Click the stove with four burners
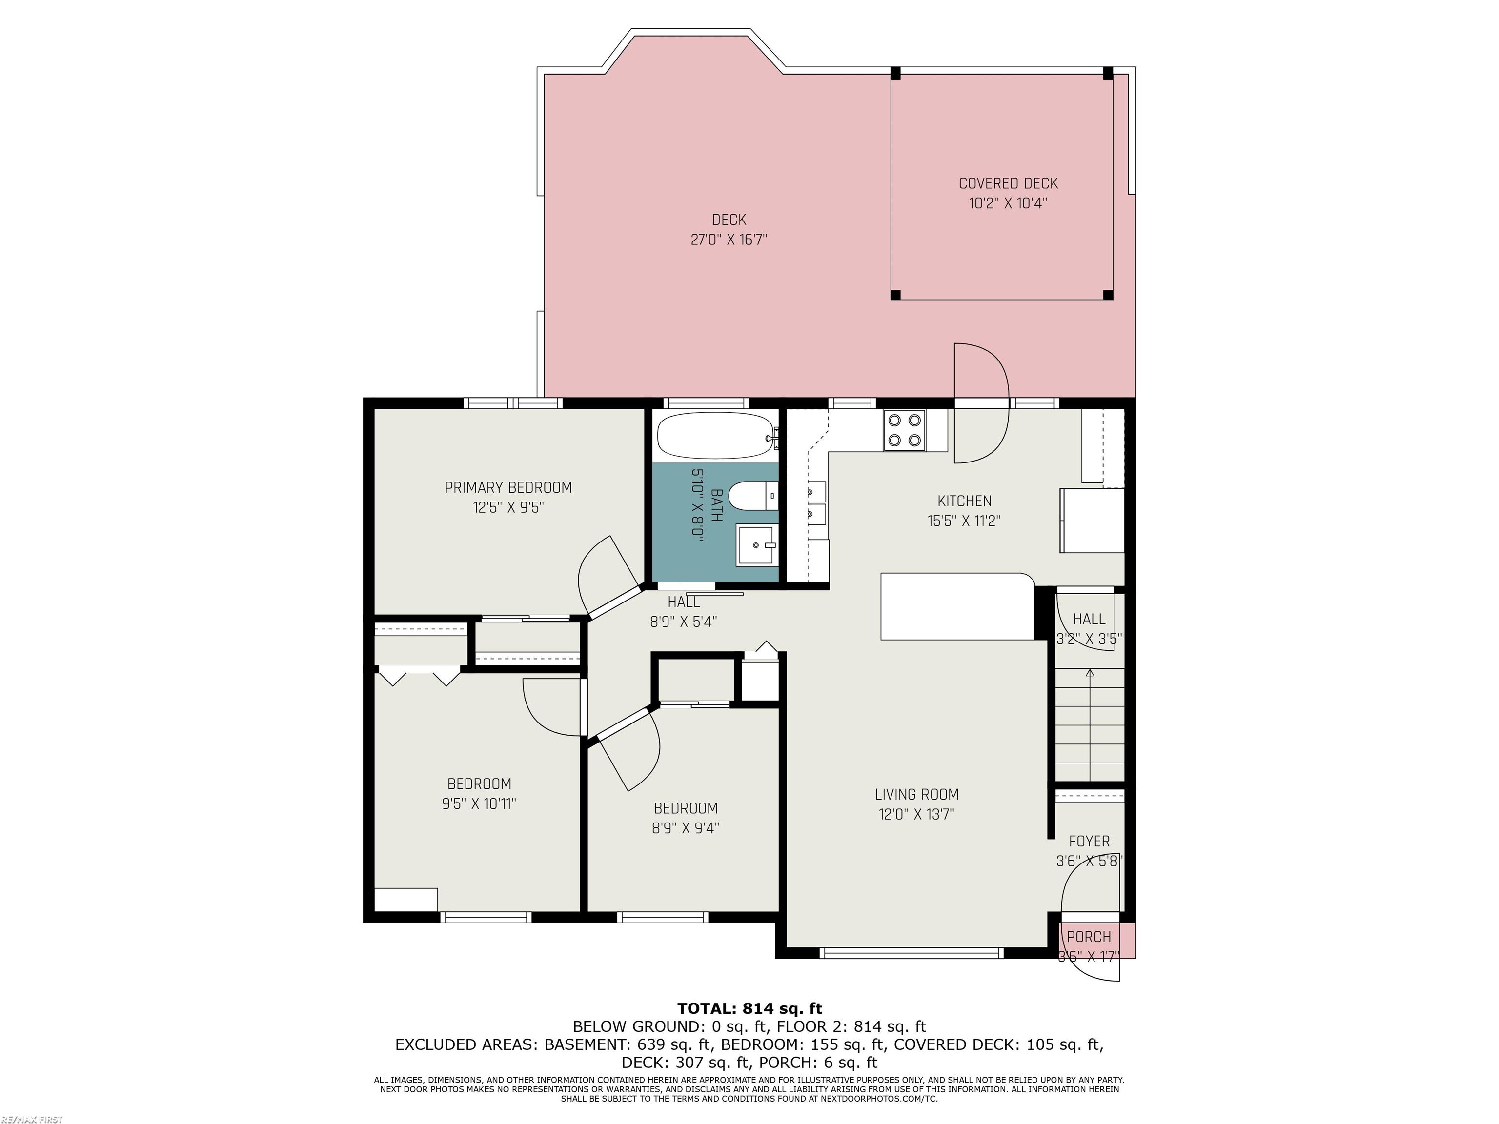click(905, 430)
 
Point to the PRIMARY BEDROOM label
click(508, 488)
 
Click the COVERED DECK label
click(1009, 183)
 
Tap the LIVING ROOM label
click(917, 795)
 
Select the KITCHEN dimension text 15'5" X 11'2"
click(964, 521)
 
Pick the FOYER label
click(1090, 842)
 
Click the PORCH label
click(1089, 937)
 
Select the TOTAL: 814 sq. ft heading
click(749, 1009)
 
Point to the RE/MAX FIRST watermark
click(32, 1119)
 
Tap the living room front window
click(912, 953)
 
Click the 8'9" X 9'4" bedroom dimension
click(686, 828)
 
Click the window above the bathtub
click(706, 403)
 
